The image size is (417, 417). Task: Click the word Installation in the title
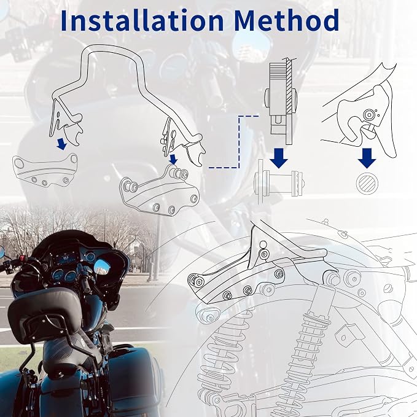[x=142, y=20]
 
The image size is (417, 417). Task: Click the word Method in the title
[x=287, y=20]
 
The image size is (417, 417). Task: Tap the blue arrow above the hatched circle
[x=367, y=158]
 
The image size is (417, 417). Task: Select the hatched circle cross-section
[x=367, y=183]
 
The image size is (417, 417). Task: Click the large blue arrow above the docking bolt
[x=279, y=158]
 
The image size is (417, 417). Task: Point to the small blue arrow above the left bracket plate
[x=61, y=144]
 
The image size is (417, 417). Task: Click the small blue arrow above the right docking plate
[x=173, y=159]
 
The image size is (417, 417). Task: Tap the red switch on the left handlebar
[x=22, y=258]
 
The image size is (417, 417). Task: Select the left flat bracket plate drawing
[x=45, y=170]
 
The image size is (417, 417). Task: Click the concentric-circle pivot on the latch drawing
[x=369, y=115]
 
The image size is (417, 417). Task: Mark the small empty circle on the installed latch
[x=263, y=244]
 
